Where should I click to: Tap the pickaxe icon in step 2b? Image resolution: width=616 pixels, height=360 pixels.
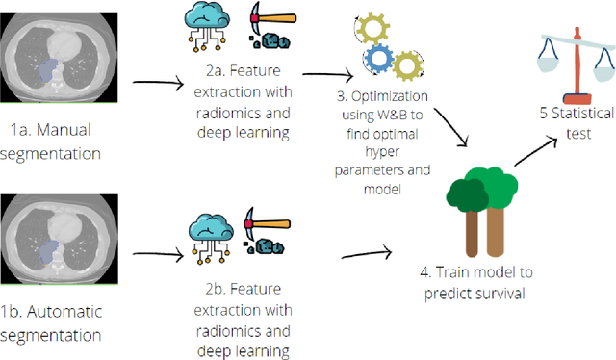pos(261,234)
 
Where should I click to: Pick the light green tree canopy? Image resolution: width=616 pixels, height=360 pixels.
pos(500,182)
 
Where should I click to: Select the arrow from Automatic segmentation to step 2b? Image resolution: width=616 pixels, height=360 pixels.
pos(158,256)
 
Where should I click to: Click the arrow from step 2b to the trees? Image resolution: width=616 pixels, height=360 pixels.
pos(366,255)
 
